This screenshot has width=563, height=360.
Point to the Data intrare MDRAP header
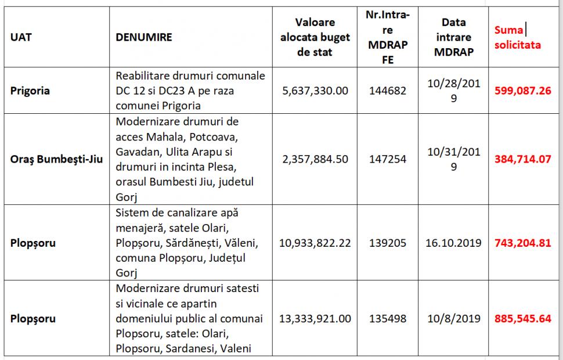click(454, 37)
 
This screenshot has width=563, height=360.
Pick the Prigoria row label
click(30, 91)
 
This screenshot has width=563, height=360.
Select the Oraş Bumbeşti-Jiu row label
click(56, 158)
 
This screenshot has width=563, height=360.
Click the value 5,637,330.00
click(315, 91)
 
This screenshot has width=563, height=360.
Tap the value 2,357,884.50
click(315, 158)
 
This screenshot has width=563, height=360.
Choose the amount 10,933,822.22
click(315, 243)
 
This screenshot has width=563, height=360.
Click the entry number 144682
click(388, 91)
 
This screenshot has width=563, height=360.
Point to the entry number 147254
click(388, 158)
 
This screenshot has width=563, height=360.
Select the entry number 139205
click(388, 243)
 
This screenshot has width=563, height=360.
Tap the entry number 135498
click(388, 319)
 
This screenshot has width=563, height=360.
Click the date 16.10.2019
click(454, 243)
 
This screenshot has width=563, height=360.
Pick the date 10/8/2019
click(454, 319)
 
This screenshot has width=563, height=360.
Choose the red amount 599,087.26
click(522, 91)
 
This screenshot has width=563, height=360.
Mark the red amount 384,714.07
click(522, 158)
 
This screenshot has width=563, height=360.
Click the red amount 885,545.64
click(522, 319)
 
